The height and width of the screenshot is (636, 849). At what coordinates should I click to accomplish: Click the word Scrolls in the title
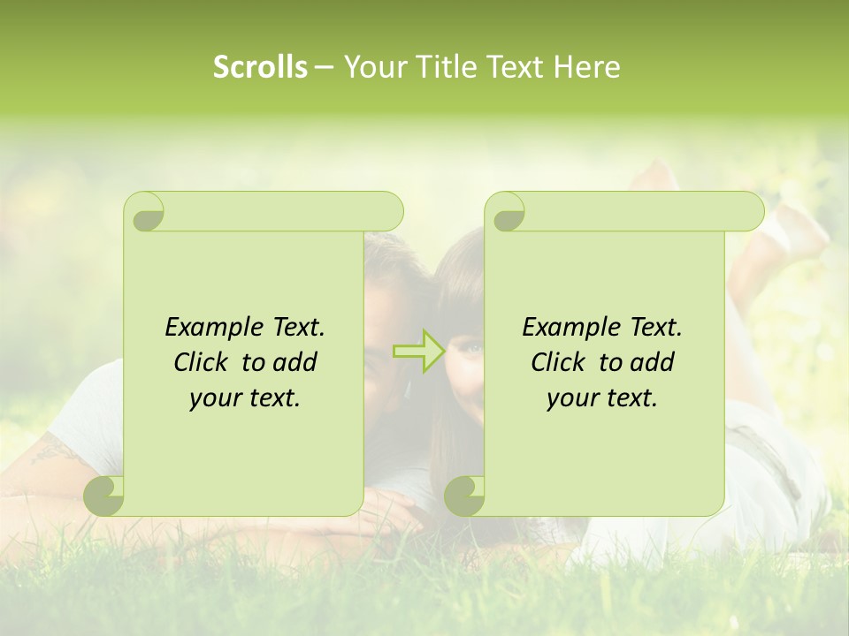260,67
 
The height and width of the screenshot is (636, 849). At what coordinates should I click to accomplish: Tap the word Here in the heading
586,67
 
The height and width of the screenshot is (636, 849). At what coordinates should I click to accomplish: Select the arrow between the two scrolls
417,351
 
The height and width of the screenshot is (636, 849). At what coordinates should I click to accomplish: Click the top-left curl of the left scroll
144,212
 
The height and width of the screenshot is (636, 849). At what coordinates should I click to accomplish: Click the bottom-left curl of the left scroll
103,496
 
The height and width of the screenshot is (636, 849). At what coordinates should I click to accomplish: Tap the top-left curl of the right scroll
505,212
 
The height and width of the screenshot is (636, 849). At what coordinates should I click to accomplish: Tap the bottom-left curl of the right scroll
464,496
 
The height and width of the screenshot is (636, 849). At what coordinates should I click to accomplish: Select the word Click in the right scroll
558,362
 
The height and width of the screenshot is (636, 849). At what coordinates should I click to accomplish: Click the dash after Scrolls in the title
324,67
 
